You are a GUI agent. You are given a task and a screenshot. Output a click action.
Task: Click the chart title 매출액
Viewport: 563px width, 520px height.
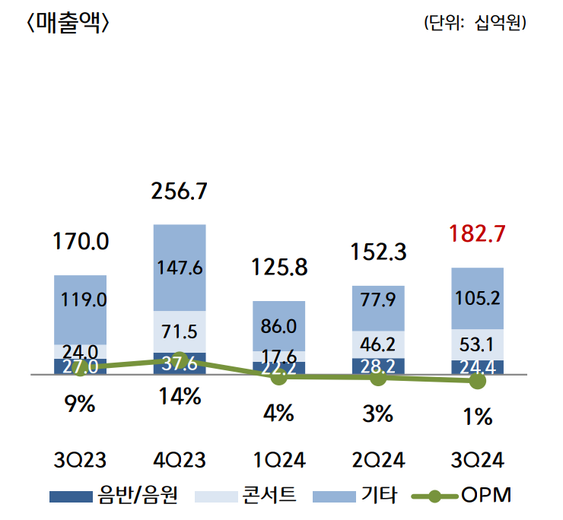[x=68, y=24]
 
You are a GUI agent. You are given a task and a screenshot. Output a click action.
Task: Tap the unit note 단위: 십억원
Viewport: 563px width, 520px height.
[x=475, y=23]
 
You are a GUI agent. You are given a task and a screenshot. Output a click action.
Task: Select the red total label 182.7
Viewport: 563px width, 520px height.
[x=477, y=233]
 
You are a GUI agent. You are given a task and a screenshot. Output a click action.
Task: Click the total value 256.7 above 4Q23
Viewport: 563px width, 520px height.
[x=179, y=191]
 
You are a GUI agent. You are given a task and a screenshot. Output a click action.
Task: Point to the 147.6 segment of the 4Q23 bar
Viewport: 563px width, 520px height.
[x=180, y=268]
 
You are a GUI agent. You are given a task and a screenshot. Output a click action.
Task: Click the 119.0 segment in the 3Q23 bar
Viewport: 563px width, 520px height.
[x=81, y=310]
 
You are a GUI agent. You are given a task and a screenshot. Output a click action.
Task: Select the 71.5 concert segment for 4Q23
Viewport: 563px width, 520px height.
[x=180, y=331]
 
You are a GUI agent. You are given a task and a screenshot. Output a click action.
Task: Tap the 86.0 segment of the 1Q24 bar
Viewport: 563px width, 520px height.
[x=279, y=326]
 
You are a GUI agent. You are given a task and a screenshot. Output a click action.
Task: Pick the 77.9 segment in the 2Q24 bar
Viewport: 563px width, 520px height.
[x=378, y=308]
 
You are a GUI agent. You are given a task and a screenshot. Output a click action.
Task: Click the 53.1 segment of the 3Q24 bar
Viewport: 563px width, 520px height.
[x=477, y=344]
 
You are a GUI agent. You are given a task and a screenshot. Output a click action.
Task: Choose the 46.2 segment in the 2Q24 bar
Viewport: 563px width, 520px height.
[x=378, y=344]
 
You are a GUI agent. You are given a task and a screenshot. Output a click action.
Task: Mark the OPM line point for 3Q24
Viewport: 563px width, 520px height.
[x=477, y=381]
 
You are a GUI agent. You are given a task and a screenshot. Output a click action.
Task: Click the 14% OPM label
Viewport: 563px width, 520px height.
[x=180, y=397]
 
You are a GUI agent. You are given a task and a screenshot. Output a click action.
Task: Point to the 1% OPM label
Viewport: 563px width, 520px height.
[x=477, y=417]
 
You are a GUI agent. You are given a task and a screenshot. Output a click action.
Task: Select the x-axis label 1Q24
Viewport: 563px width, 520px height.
[x=279, y=460]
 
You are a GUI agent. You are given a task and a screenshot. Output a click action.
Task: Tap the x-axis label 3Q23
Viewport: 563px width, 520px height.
[x=80, y=460]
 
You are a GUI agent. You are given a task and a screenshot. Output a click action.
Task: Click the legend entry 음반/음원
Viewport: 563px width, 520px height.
[x=114, y=495]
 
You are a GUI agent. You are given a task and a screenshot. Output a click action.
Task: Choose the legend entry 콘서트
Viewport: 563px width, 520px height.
[x=246, y=495]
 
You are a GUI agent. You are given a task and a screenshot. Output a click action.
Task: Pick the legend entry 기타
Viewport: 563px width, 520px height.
[x=355, y=495]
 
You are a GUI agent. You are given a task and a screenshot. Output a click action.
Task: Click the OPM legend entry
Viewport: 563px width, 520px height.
[x=461, y=495]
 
